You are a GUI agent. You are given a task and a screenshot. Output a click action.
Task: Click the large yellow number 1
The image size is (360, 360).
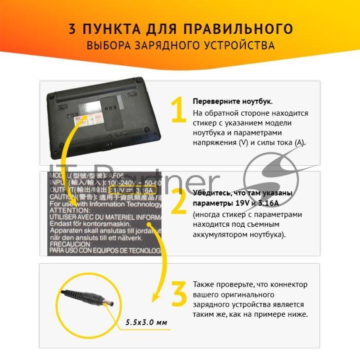178,110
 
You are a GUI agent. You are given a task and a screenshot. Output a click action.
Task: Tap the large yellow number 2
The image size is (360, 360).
178,202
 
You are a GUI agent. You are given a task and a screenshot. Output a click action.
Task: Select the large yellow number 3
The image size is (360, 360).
179,294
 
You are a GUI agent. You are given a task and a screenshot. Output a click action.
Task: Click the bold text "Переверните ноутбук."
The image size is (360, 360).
233,101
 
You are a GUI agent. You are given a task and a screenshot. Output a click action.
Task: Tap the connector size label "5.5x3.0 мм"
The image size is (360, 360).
146,323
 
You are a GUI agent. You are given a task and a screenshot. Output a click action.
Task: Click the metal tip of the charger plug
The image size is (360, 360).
108,303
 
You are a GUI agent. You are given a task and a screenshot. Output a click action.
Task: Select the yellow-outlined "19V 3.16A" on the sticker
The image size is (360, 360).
133,191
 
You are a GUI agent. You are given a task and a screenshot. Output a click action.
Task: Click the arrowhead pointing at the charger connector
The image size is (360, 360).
156,297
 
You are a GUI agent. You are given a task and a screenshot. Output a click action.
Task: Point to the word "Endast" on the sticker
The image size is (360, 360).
60,224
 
